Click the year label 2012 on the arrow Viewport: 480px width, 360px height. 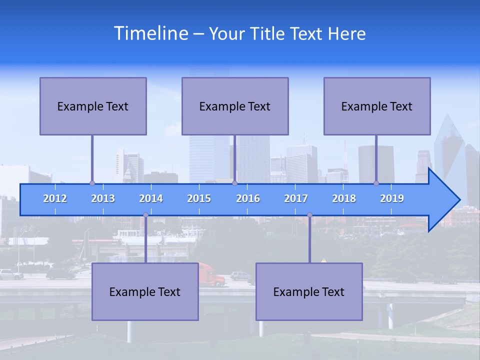pyautogui.click(x=55, y=198)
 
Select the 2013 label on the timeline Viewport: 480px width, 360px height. pyautogui.click(x=103, y=198)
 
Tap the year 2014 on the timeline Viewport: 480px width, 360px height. pyautogui.click(x=151, y=198)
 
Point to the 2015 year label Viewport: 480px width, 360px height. pyautogui.click(x=199, y=198)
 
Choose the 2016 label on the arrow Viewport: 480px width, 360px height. pyautogui.click(x=248, y=198)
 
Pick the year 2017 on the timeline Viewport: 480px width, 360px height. pyautogui.click(x=296, y=198)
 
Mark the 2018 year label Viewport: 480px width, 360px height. pyautogui.click(x=344, y=198)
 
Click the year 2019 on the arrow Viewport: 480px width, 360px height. pyautogui.click(x=392, y=198)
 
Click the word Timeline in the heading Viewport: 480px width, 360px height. pyautogui.click(x=150, y=33)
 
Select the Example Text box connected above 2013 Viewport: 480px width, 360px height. pyautogui.click(x=93, y=106)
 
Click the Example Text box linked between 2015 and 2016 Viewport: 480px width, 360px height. pyautogui.click(x=235, y=106)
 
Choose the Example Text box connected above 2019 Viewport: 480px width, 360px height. pyautogui.click(x=377, y=106)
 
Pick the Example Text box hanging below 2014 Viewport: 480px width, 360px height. pyautogui.click(x=145, y=291)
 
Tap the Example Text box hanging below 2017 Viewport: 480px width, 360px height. pyautogui.click(x=309, y=291)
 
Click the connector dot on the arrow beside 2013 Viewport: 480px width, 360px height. pyautogui.click(x=92, y=183)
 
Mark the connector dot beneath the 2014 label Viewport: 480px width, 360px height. pyautogui.click(x=145, y=215)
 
